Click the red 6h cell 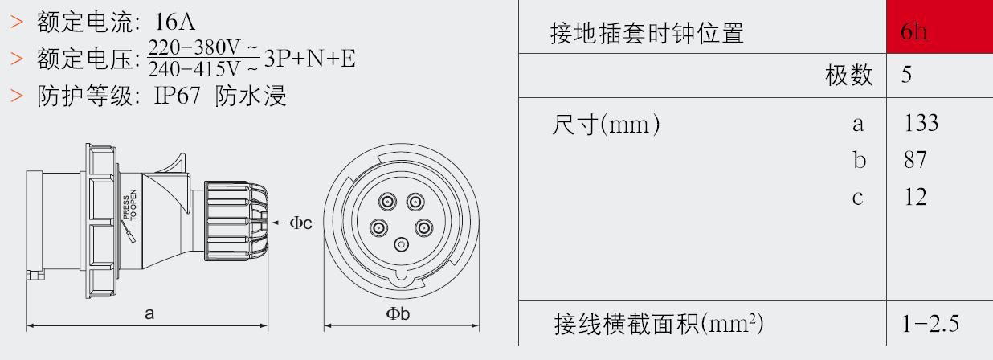pos(939,27)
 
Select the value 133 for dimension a pos(921,123)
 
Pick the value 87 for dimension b pos(915,160)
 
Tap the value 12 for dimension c pos(915,197)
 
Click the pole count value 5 pos(906,74)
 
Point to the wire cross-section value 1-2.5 pos(930,324)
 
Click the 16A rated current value pos(174,21)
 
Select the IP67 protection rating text pos(177,96)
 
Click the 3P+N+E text pos(310,59)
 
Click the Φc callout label pos(300,223)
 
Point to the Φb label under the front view pos(398,314)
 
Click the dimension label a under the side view pos(149,314)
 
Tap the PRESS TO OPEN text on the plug pos(130,205)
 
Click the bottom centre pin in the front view pos(402,244)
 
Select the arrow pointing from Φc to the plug pos(280,223)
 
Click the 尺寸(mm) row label pos(606,124)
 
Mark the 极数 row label pos(849,75)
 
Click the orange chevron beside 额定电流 pos(16,22)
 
